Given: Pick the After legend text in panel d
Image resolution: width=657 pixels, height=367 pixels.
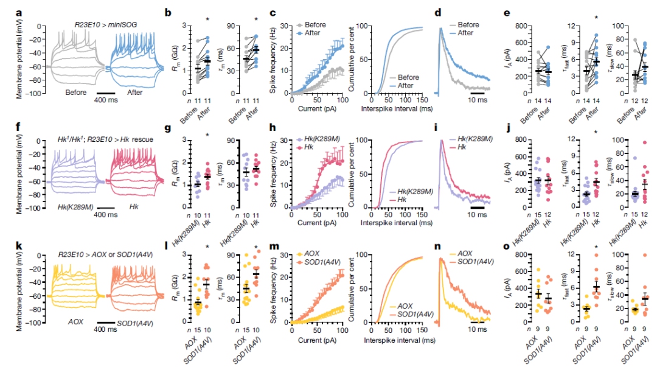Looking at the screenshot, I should point(465,33).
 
